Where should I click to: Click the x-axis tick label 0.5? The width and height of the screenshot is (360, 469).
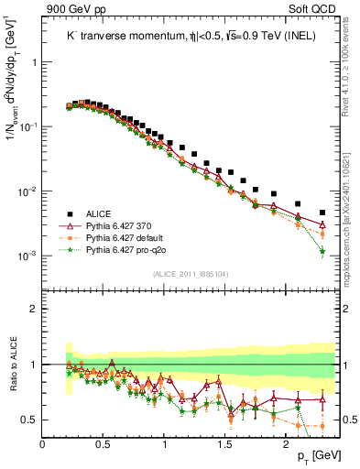tap(104, 444)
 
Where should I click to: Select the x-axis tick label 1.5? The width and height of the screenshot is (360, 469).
tap(225, 444)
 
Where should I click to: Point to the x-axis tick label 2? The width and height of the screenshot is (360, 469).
tap(286, 444)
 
